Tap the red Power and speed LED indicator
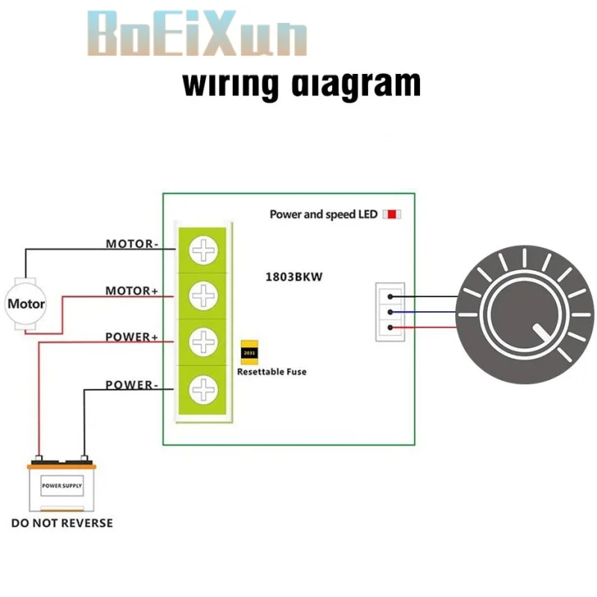[392, 214]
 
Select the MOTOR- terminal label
[132, 244]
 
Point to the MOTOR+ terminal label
[132, 290]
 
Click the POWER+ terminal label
[132, 337]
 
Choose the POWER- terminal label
[132, 385]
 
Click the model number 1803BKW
[295, 276]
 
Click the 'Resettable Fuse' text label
[272, 371]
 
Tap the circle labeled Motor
[26, 304]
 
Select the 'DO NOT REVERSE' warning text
[62, 523]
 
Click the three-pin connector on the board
[390, 312]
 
